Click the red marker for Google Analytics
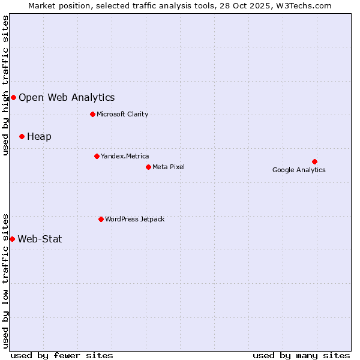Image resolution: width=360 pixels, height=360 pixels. pos(314,161)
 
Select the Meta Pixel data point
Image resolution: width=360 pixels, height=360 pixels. pos(148,167)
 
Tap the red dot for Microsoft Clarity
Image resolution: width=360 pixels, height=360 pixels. pos(92,114)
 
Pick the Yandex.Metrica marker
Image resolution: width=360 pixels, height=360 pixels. pos(97,156)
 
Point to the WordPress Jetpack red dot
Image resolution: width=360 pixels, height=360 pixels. pos(101,219)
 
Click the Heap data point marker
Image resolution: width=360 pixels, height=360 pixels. pos(22,136)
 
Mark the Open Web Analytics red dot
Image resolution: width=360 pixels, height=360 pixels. pos(13,97)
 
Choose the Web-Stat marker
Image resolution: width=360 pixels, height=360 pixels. pos(12,239)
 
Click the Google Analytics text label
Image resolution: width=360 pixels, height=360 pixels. pos(299,170)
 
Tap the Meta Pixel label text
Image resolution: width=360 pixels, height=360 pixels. pos(169,167)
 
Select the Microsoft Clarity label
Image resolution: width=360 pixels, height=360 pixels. pos(122,114)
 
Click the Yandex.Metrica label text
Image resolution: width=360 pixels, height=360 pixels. pos(125,156)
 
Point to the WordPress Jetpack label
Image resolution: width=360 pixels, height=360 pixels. pos(134,219)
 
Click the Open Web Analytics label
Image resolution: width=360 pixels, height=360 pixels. pos(67,97)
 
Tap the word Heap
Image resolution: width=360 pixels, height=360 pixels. pos(39,136)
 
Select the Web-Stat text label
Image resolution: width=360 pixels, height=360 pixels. pos(40,239)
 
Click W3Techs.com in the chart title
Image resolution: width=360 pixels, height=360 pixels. pos(305,6)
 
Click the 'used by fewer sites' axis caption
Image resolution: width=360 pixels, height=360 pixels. pos(62,355)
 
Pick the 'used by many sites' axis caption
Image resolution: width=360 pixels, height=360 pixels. pos(301,355)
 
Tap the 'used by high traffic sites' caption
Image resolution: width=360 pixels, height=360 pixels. pos(6,85)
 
